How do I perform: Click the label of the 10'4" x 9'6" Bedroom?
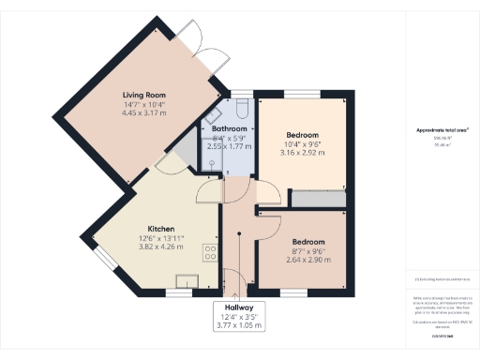(302, 134)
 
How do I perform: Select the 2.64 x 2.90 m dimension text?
(308, 259)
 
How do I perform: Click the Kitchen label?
(161, 229)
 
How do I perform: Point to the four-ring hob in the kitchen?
(210, 253)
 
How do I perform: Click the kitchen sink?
(188, 280)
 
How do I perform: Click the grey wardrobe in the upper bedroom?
(319, 197)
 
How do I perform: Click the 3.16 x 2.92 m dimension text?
(302, 152)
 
